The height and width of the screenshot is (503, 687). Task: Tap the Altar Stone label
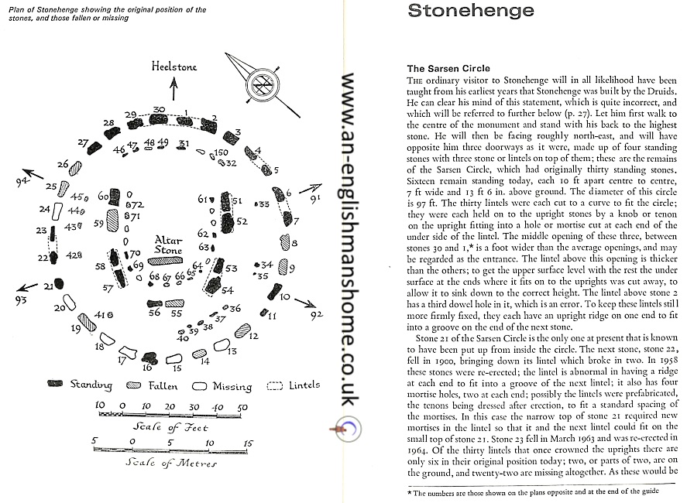tap(168, 245)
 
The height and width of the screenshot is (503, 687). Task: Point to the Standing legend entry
tap(90, 385)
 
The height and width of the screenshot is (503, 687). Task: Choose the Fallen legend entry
tap(158, 385)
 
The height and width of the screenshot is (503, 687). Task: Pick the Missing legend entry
tap(231, 385)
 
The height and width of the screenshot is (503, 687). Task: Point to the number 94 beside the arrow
tap(21, 180)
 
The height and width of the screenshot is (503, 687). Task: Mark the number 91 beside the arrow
tap(314, 200)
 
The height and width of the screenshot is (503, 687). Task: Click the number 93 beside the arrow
tap(21, 299)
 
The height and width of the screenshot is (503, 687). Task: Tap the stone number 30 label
tap(159, 109)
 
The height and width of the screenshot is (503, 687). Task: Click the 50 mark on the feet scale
tap(242, 407)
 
